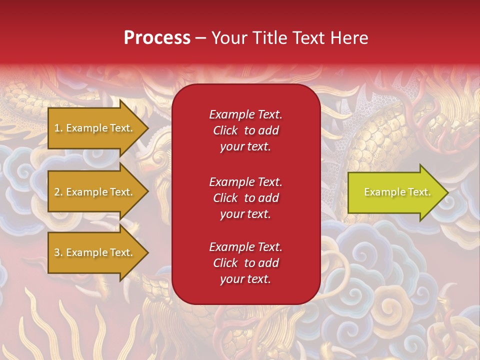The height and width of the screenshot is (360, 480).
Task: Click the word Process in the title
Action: tap(157, 38)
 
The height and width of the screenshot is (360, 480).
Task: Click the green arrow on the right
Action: tap(395, 192)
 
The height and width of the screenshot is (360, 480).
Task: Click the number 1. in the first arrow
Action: tap(58, 128)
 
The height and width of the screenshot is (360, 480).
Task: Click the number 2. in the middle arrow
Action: tap(58, 192)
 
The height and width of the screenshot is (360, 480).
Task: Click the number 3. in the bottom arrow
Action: tap(58, 252)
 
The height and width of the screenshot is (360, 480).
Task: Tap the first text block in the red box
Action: tap(245, 130)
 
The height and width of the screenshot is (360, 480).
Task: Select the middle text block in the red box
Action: tap(245, 198)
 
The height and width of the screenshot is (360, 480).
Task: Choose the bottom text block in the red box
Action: tap(245, 263)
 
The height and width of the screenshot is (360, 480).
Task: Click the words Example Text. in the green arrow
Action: tap(397, 192)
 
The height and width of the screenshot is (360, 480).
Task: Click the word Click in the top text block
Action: tap(225, 131)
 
